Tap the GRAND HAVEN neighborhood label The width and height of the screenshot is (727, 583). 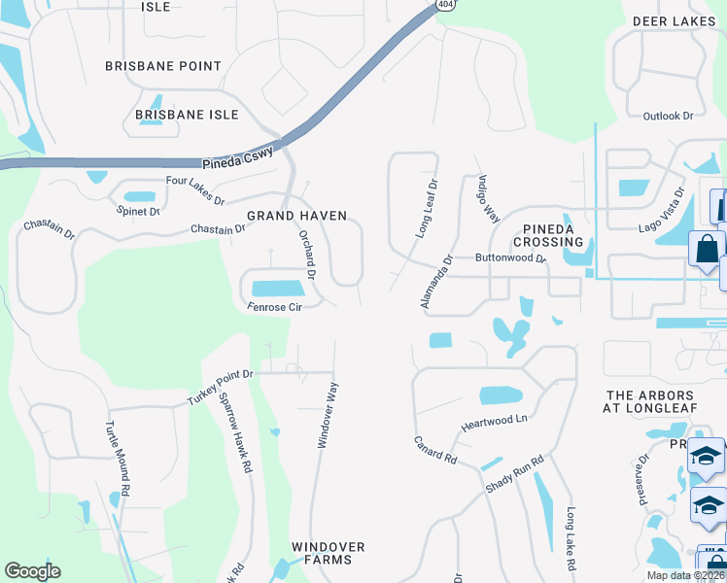click(296, 216)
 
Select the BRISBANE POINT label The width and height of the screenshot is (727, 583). click(163, 66)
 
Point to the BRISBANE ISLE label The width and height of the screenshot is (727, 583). click(187, 115)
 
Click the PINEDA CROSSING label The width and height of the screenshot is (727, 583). click(548, 234)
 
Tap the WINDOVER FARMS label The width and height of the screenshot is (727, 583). click(329, 554)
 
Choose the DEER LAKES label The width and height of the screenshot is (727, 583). click(674, 20)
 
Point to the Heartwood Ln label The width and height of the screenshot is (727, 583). click(494, 420)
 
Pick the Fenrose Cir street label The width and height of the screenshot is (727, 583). click(276, 307)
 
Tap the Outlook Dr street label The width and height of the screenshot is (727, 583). click(668, 116)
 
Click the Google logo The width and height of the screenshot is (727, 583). click(32, 571)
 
